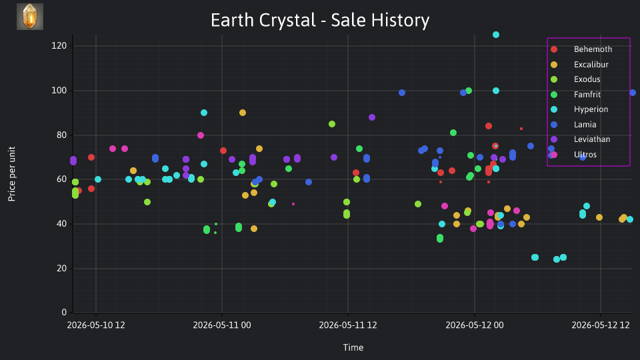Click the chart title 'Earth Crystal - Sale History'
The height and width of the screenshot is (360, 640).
click(x=320, y=20)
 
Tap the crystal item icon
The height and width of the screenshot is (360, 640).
click(x=30, y=17)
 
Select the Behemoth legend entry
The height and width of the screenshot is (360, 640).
click(x=581, y=49)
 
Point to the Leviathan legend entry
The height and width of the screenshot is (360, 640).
click(x=581, y=139)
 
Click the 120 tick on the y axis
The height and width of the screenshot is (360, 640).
click(x=59, y=46)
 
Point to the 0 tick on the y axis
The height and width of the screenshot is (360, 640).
click(x=64, y=312)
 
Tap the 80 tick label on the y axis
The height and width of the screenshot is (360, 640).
click(x=61, y=135)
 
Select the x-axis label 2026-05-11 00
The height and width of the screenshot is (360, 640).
click(x=221, y=325)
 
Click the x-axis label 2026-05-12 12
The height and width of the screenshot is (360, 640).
click(x=601, y=325)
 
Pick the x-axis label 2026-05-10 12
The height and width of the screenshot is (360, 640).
click(x=96, y=325)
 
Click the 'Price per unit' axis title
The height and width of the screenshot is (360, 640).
click(x=12, y=174)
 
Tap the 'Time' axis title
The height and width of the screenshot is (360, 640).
click(x=353, y=347)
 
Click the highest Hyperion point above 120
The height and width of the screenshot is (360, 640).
click(x=496, y=35)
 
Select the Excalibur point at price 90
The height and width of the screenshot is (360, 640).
click(x=243, y=113)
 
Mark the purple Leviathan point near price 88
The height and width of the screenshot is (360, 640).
click(x=372, y=117)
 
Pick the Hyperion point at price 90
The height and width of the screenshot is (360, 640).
click(x=204, y=113)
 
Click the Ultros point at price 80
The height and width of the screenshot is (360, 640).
click(x=201, y=135)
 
